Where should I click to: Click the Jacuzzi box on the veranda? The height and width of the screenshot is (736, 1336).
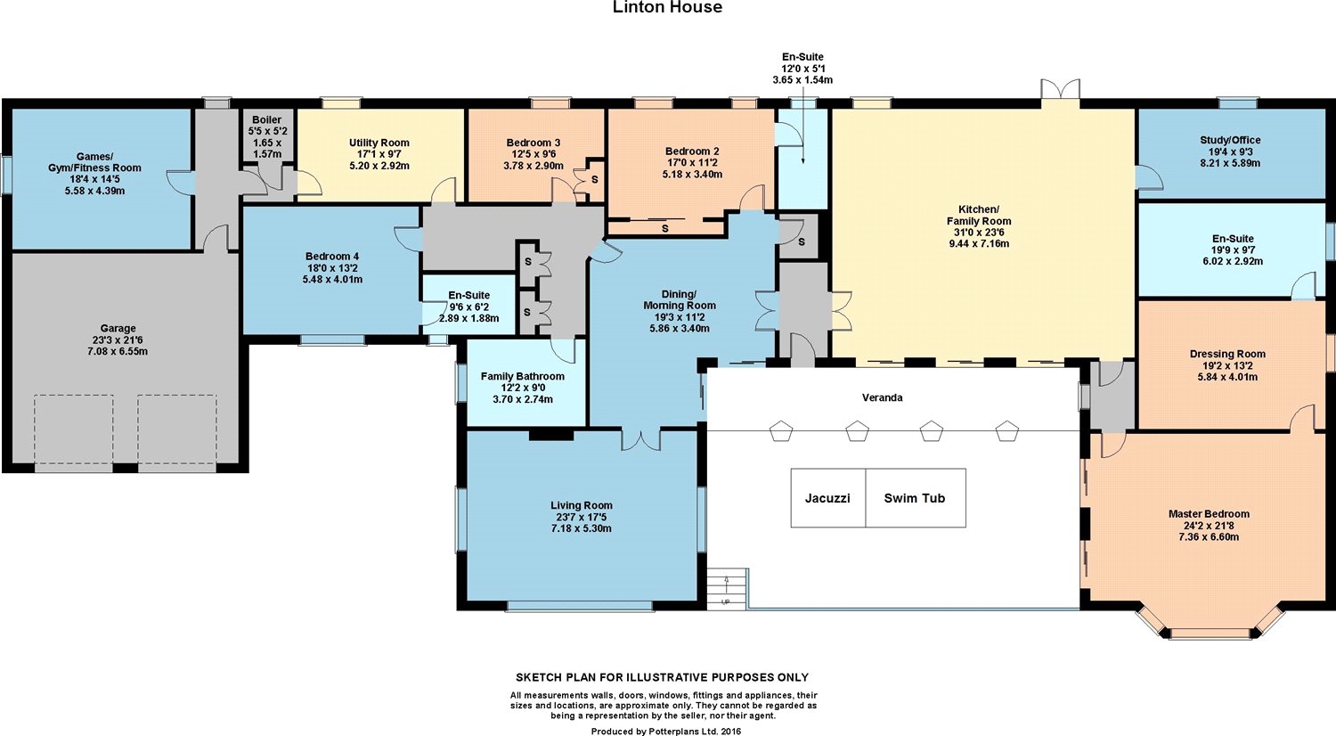pos(827,498)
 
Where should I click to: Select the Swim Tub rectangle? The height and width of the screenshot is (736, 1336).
pos(916,498)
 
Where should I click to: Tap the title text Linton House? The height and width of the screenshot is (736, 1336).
pos(667,7)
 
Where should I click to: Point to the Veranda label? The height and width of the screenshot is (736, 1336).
pos(882,397)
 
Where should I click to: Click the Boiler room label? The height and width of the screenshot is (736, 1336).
pos(266,120)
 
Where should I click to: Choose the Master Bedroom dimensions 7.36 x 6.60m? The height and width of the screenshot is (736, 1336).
pos(1209,536)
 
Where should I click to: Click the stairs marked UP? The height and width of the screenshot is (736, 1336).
pos(727,589)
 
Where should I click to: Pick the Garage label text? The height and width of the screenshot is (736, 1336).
pos(118,328)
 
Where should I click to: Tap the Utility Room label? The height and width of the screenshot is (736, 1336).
pos(379,143)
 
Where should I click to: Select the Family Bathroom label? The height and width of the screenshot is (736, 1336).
pos(523,376)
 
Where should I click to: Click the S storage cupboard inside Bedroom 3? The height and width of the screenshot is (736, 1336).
pos(589,180)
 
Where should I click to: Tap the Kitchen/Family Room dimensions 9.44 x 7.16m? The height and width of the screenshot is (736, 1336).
pos(979,243)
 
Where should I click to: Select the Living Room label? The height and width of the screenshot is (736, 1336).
pos(582,505)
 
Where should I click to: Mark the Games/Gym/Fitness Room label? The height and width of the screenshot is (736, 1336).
pos(94,162)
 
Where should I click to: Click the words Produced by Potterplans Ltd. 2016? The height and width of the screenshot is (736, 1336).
pos(666,732)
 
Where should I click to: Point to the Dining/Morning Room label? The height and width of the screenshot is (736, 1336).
pos(680,299)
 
